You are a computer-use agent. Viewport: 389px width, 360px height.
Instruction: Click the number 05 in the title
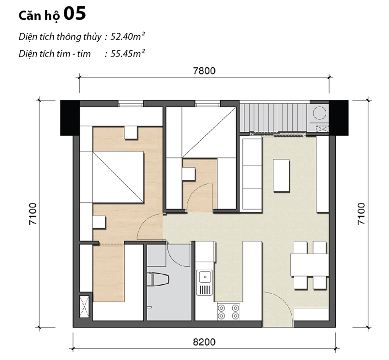pyautogui.click(x=74, y=14)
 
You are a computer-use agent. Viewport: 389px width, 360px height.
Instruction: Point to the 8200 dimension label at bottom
pyautogui.click(x=204, y=342)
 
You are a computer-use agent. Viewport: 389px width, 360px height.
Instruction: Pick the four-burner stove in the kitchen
pyautogui.click(x=228, y=311)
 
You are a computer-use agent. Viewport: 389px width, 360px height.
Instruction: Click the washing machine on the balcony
pyautogui.click(x=319, y=113)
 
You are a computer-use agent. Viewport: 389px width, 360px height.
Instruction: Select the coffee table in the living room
pyautogui.click(x=282, y=175)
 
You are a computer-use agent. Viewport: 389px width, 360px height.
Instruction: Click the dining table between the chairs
pyautogui.click(x=309, y=264)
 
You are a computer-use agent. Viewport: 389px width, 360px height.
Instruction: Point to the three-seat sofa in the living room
pyautogui.click(x=251, y=175)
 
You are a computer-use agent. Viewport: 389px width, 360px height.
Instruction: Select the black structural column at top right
pyautogui.click(x=338, y=117)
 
